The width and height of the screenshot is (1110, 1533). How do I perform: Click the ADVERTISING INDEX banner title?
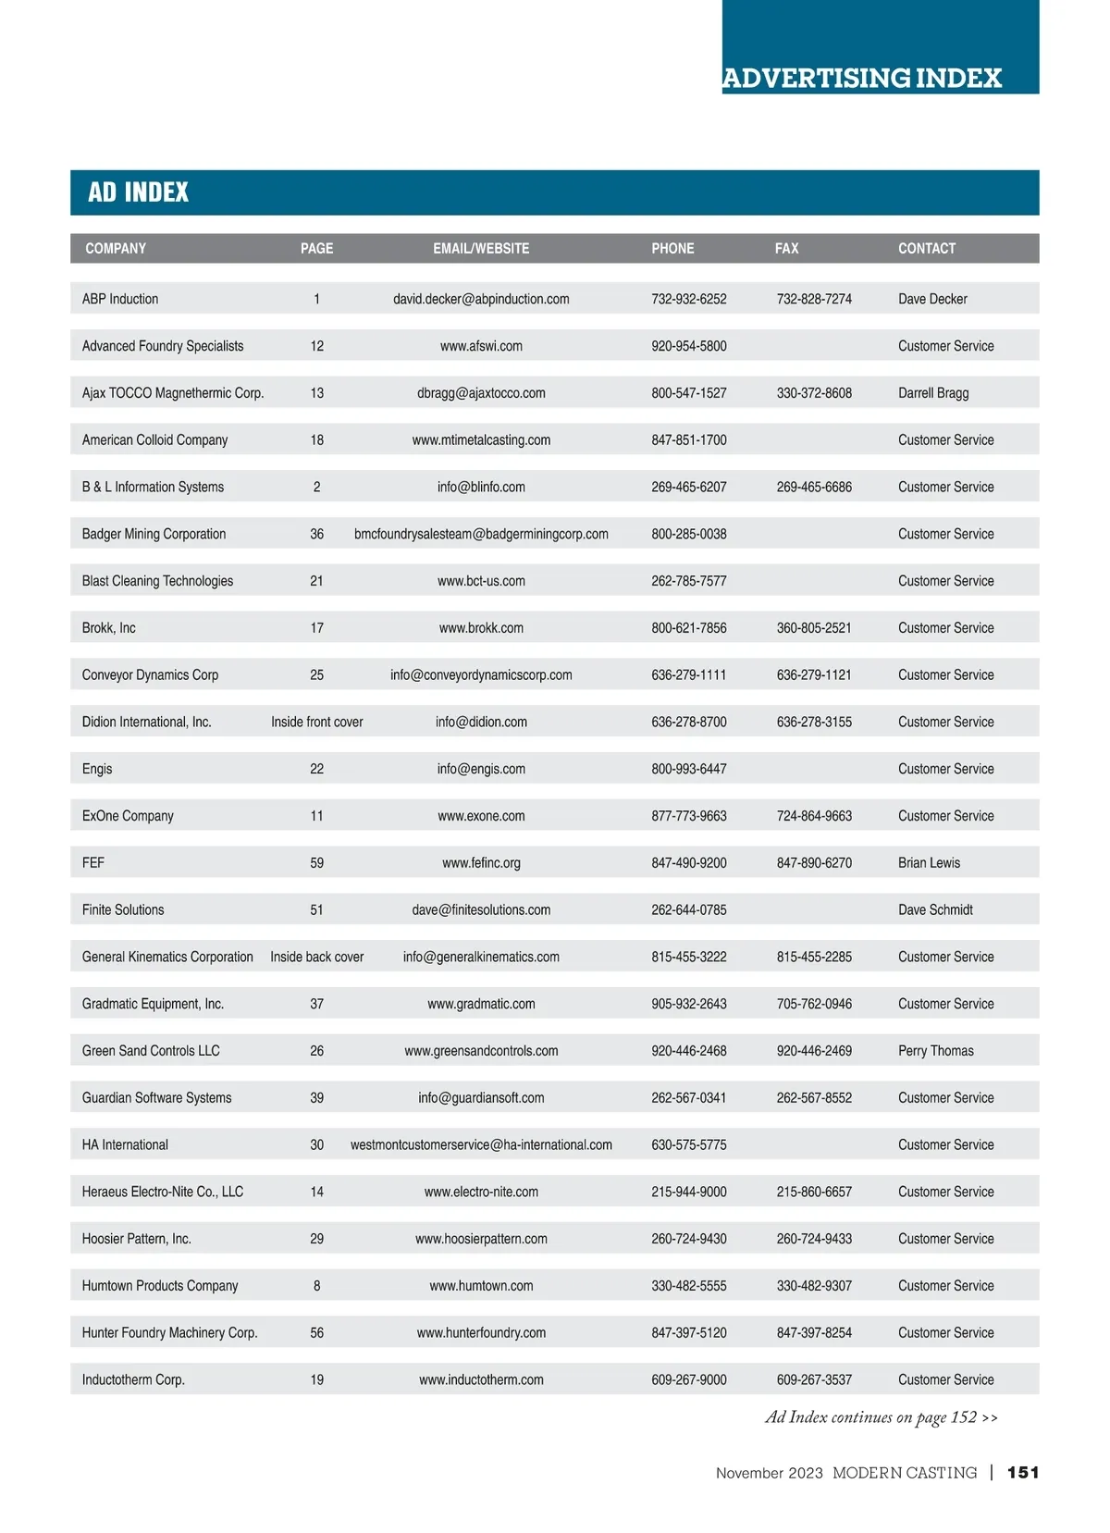[x=862, y=78]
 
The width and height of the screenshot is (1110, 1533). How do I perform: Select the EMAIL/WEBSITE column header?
[x=481, y=248]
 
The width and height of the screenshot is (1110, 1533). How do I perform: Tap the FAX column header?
[x=786, y=248]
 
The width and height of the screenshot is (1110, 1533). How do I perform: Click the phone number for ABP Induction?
[x=688, y=299]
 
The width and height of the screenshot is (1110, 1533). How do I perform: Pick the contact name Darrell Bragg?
[x=933, y=393]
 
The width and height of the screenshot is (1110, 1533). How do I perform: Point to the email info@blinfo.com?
[x=481, y=487]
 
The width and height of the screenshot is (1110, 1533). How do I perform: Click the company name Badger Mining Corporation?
[x=154, y=534]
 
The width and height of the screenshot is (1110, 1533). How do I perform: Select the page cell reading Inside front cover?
[x=316, y=722]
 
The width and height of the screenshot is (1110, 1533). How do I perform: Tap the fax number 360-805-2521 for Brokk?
[x=814, y=628]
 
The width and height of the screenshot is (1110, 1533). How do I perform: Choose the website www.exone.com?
[x=481, y=816]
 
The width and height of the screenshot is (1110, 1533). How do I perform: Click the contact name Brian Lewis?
[x=929, y=863]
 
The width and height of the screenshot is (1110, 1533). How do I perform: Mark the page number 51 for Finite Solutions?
[x=316, y=910]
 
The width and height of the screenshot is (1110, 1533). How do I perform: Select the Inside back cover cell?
[x=316, y=957]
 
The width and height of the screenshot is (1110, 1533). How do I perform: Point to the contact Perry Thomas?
[x=935, y=1051]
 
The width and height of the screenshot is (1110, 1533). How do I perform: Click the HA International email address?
[x=481, y=1144]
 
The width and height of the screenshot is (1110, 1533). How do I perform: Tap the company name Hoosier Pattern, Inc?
[x=136, y=1239]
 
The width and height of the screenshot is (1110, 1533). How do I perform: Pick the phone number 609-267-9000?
[x=688, y=1379]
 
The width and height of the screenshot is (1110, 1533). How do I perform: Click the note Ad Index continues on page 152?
[x=881, y=1417]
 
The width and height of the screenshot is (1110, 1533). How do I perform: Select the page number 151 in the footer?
[x=1023, y=1473]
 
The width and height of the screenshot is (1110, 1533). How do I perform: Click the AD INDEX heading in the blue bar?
[x=138, y=192]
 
